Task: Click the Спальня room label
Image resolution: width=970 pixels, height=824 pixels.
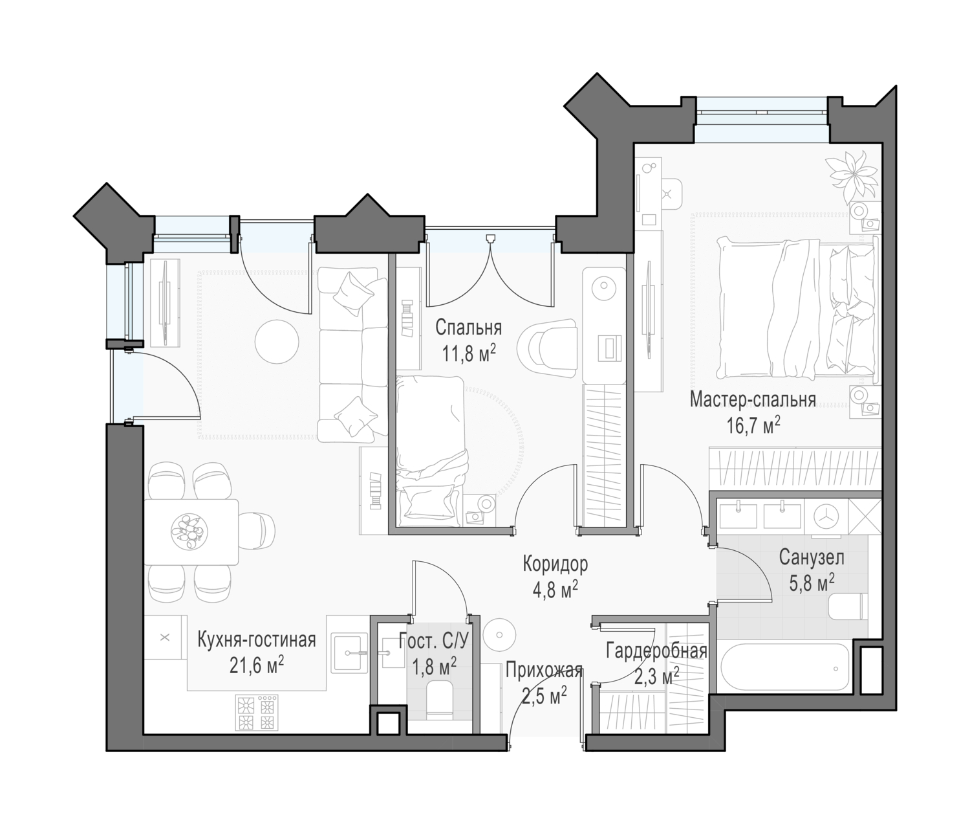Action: (x=468, y=328)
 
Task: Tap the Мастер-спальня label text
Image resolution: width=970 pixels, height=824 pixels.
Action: (x=753, y=399)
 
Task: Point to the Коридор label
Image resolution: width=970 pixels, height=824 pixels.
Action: (x=555, y=564)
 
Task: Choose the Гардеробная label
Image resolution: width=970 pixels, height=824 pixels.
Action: (x=656, y=651)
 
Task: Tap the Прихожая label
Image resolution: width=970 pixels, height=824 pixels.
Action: (x=544, y=671)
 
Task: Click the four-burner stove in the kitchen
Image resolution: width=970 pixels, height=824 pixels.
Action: (x=256, y=713)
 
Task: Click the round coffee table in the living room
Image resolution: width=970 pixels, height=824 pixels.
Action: (x=277, y=342)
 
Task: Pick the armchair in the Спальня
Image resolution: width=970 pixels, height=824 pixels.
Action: (x=547, y=349)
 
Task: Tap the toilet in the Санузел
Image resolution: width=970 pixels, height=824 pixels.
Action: (x=848, y=606)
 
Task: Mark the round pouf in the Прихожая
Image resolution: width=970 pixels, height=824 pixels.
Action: (x=499, y=630)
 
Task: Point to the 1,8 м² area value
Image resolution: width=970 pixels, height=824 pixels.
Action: (x=434, y=667)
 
